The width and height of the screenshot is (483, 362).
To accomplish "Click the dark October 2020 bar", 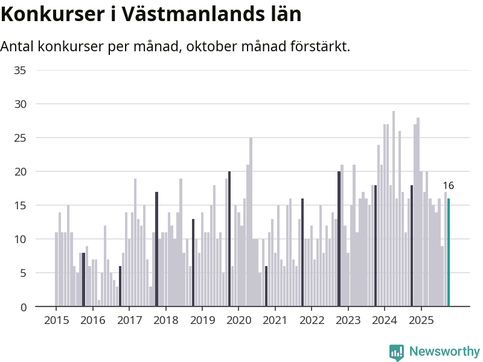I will (266, 287).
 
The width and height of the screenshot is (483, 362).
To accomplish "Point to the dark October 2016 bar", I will (120, 287).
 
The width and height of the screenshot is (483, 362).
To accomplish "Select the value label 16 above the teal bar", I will (448, 186).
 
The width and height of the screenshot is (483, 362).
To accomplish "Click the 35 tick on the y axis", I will (20, 70).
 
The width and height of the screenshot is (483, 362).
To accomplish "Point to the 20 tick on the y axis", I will (20, 172).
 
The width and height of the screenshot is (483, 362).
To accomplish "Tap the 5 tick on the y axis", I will (23, 273).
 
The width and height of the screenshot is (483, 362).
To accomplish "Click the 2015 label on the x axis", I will (56, 320).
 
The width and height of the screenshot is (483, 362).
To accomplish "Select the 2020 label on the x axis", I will (238, 320).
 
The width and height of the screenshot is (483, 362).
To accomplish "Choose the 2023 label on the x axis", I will (348, 320).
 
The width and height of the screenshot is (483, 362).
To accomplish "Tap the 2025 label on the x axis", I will (421, 320).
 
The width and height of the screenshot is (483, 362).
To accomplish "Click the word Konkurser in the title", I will (51, 13).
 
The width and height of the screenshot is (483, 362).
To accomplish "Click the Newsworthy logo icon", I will (397, 352).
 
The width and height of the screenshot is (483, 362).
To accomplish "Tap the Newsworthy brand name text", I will (444, 352).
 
